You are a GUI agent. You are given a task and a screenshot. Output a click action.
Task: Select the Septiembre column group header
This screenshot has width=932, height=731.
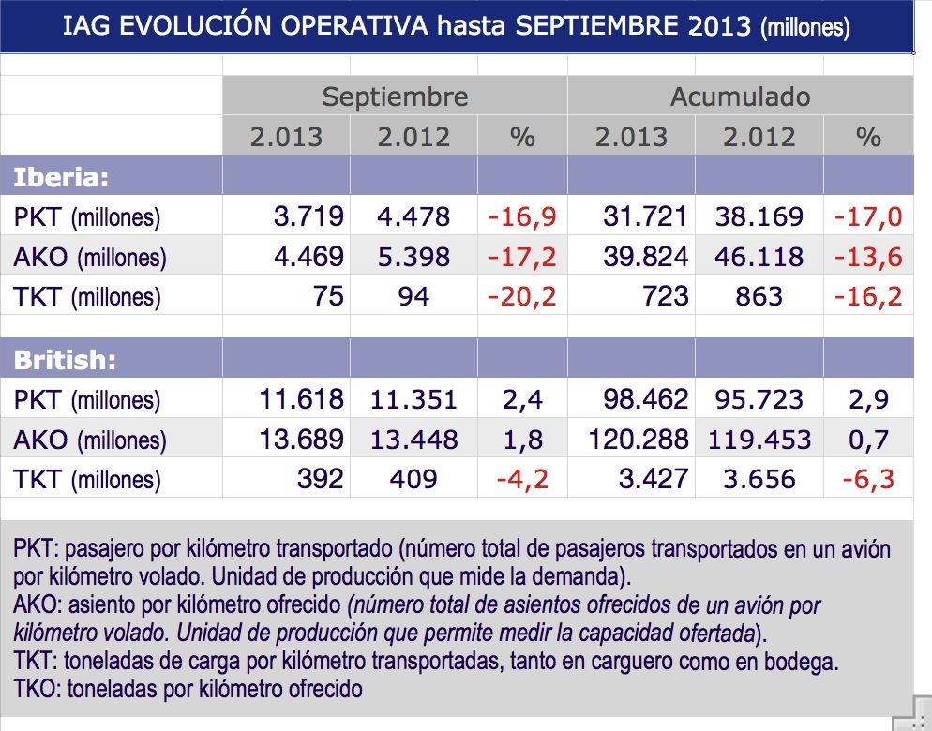[x=395, y=97]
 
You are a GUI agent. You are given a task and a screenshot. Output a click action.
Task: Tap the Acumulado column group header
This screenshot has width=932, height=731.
[x=740, y=97]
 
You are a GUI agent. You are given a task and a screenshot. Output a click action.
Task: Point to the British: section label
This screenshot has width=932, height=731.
[x=65, y=360]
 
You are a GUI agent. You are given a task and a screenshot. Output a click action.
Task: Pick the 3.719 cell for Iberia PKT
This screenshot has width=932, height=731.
[x=308, y=217]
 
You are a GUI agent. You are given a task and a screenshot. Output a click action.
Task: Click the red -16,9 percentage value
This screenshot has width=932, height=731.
[x=522, y=217]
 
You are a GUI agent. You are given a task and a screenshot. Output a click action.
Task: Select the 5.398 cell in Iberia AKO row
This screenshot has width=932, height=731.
[x=413, y=257]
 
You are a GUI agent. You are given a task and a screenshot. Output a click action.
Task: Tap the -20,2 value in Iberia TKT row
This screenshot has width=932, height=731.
[x=522, y=297]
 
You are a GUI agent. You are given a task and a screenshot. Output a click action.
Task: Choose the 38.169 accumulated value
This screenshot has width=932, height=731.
[x=759, y=217]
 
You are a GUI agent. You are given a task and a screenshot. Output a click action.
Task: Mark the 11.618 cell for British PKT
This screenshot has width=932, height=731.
[x=300, y=400]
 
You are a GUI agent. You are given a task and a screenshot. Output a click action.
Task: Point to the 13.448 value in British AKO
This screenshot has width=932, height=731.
[x=413, y=440]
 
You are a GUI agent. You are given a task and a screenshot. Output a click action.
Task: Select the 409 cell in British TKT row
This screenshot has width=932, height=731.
[x=413, y=480]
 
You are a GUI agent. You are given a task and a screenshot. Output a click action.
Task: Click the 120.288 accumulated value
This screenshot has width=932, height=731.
[x=638, y=440]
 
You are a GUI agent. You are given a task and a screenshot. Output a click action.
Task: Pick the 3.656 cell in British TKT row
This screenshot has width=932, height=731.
[x=759, y=480]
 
